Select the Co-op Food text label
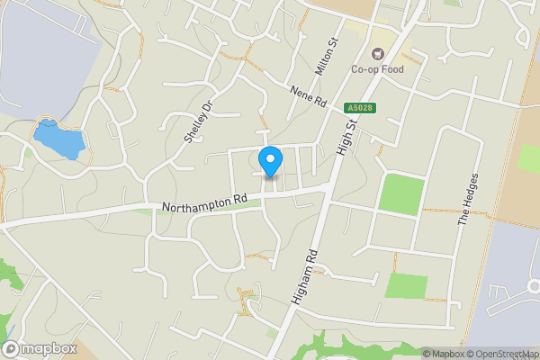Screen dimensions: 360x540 tap(377, 69)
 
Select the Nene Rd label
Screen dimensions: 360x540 tap(307, 97)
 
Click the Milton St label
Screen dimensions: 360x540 tap(325, 56)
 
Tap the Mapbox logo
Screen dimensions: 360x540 tap(39, 349)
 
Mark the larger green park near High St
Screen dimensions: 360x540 tap(400, 193)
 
